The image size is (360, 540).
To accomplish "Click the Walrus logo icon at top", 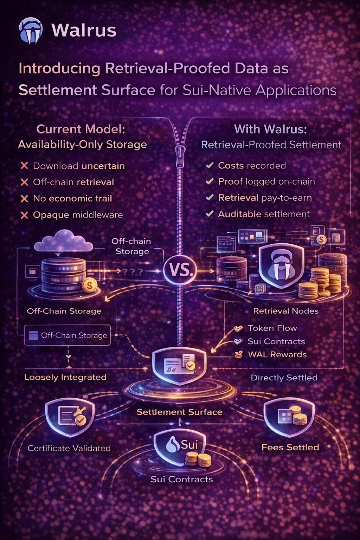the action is [31, 31].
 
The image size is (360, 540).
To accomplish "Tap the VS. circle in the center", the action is [180, 270].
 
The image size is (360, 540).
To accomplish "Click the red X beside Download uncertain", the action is [24, 166].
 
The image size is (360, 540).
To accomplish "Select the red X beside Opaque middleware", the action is [24, 215].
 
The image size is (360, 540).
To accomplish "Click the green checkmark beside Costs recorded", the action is [210, 165].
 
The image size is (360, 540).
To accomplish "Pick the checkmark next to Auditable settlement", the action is [210, 214].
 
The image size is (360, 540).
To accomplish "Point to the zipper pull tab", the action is [180, 154].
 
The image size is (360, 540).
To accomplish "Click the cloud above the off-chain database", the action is [63, 242].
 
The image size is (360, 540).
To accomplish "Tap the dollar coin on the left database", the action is [90, 285].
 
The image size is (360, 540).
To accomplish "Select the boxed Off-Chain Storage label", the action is [67, 335].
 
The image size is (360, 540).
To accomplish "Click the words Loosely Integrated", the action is [65, 377].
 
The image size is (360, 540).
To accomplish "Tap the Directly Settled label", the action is [284, 378].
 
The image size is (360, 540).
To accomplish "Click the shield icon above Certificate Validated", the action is [70, 417].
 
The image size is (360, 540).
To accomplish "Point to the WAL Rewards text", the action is [277, 354].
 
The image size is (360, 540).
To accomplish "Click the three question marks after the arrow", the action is [132, 271].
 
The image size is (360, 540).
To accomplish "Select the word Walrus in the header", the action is [84, 30].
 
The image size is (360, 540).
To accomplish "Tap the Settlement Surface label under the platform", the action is [179, 412].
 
